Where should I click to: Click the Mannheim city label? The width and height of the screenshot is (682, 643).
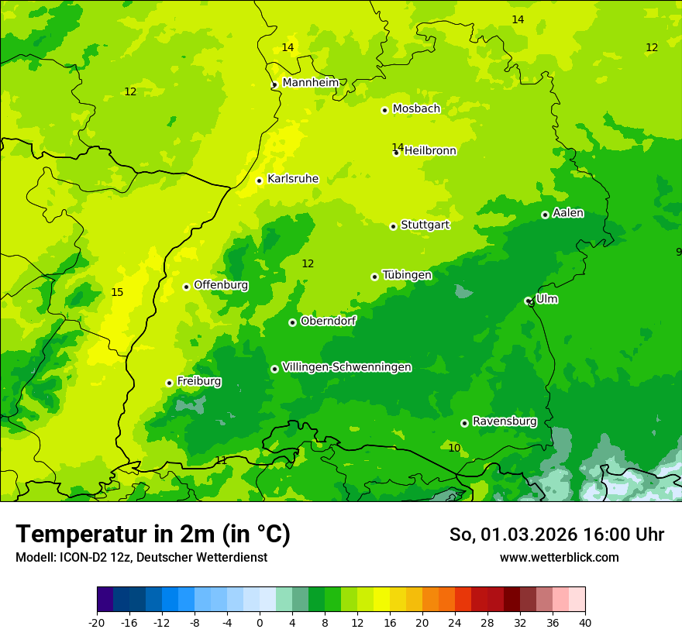coord(311,83)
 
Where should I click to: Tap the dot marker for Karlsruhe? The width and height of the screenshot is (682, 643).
coord(260,181)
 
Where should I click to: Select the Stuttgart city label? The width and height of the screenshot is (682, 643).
coord(425,225)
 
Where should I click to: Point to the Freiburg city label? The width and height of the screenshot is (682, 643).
coord(198,381)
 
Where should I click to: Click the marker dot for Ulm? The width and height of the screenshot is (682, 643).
coord(529,301)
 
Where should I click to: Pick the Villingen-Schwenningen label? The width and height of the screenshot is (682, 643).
coord(346,367)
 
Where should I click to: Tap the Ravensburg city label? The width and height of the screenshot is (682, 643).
coord(504,421)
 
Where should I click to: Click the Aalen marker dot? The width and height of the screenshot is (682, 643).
coord(545,215)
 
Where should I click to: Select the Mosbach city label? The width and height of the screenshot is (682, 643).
coord(416,109)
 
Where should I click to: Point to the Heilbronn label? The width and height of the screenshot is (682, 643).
coord(430,151)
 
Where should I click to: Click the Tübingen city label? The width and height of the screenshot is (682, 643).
coord(407,275)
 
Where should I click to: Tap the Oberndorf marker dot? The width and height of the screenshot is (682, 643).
coord(292,322)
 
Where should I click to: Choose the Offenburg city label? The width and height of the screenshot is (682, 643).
coord(221,285)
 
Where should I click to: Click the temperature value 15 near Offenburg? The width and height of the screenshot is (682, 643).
coord(117,293)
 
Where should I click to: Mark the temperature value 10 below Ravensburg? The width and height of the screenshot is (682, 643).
coord(454,449)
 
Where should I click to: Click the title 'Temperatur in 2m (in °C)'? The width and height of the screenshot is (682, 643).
coord(153,534)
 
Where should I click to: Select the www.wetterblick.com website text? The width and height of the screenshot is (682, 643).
coord(559,558)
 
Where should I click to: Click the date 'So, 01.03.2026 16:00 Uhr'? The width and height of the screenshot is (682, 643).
coord(556,535)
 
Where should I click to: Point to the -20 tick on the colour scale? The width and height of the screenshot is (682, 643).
coord(97,622)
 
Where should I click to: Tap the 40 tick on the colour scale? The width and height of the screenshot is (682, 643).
coord(585,622)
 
